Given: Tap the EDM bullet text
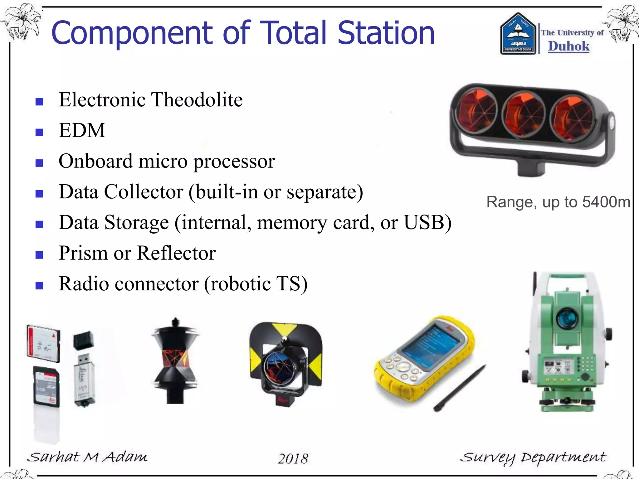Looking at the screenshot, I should point(82,130).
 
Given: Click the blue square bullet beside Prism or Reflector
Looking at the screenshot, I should point(39,255).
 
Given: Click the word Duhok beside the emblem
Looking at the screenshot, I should point(568,46).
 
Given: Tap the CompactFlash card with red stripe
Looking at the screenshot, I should point(43,343).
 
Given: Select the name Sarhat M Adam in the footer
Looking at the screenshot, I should point(87,457).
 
